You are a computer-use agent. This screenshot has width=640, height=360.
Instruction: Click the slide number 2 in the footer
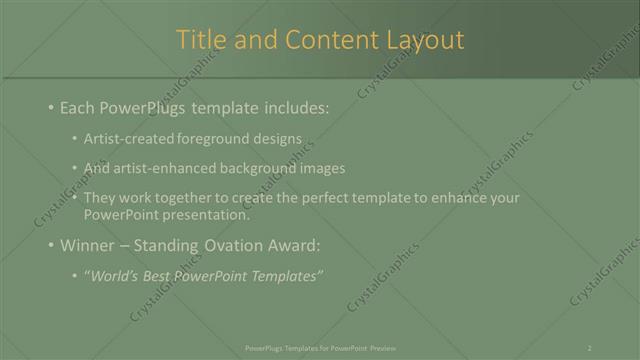coord(589,347)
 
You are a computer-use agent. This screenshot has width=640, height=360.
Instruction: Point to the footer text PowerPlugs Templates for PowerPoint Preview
coord(320,347)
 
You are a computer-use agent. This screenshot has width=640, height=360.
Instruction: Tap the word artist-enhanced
coord(155,168)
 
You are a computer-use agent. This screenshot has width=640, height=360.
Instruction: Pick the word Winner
coord(89,245)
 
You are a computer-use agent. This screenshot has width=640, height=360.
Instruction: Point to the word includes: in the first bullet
coord(291,108)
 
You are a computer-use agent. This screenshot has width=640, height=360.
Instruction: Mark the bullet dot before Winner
coord(51,245)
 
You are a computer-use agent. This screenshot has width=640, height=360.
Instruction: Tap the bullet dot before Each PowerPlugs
coord(51,108)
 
